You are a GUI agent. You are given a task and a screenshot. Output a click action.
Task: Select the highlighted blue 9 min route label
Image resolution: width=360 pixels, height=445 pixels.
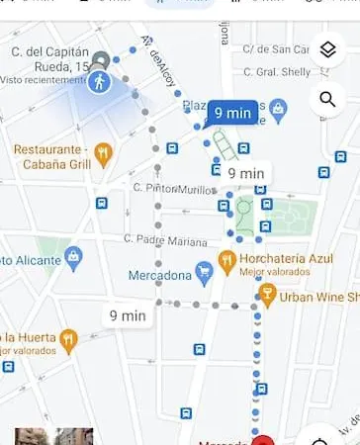tap(231, 113)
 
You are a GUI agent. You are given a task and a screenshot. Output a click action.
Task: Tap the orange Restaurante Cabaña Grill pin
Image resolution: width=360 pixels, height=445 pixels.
tap(104, 152)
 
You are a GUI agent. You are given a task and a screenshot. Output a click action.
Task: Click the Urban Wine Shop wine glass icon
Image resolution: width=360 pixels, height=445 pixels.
tap(267, 294)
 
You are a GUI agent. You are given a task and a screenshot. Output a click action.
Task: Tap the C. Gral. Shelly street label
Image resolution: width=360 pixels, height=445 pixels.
tap(278, 71)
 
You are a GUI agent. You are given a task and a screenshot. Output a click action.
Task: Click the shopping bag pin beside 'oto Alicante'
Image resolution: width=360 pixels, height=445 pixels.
tap(73, 258)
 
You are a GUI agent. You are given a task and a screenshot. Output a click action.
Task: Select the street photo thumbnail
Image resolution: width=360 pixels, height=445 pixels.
tap(54, 436)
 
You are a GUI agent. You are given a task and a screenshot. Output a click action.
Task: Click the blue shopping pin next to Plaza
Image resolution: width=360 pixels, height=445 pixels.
tap(279, 106)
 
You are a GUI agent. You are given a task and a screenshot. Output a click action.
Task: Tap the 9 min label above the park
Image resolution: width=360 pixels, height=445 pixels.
tap(245, 172)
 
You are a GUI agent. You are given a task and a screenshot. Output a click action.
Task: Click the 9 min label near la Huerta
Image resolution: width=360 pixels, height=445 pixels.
tap(128, 315)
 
